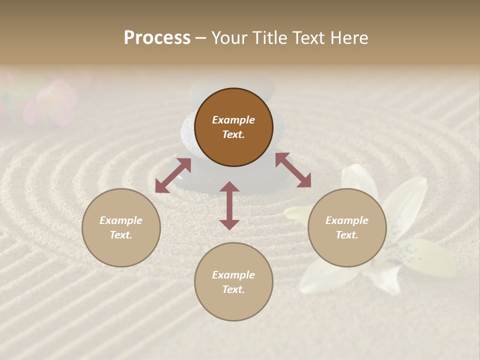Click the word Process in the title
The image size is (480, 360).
point(157,38)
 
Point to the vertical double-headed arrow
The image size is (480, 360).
point(229,205)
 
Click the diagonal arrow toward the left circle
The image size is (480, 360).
point(173,175)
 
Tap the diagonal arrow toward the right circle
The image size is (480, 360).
point(293,170)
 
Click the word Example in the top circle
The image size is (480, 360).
point(233,120)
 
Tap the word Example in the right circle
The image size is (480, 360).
point(347,220)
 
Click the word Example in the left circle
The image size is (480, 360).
point(121,220)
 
